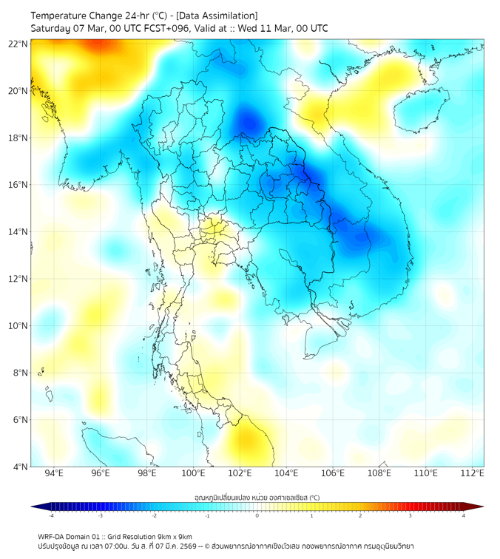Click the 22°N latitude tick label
(x=18, y=44)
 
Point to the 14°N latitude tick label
(x=18, y=231)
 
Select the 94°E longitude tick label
(x=54, y=473)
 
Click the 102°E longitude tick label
(x=240, y=473)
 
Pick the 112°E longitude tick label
(x=473, y=473)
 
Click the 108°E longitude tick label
(x=379, y=473)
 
